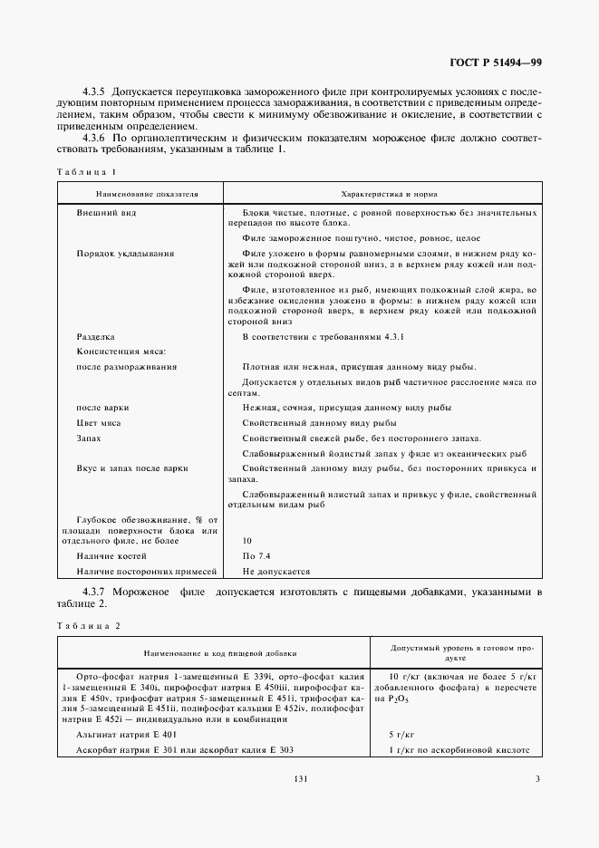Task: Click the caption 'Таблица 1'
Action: [x=86, y=170]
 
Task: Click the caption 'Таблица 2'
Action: [x=87, y=625]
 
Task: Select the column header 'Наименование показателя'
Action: [x=141, y=194]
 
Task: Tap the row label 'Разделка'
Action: [x=96, y=336]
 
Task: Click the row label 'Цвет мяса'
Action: [x=100, y=423]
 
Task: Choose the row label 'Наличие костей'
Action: [x=111, y=555]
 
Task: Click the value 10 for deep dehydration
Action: [x=247, y=540]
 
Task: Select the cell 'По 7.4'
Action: [x=256, y=555]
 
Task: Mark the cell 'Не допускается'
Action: [x=276, y=572]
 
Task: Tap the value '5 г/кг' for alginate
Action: [x=401, y=735]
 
